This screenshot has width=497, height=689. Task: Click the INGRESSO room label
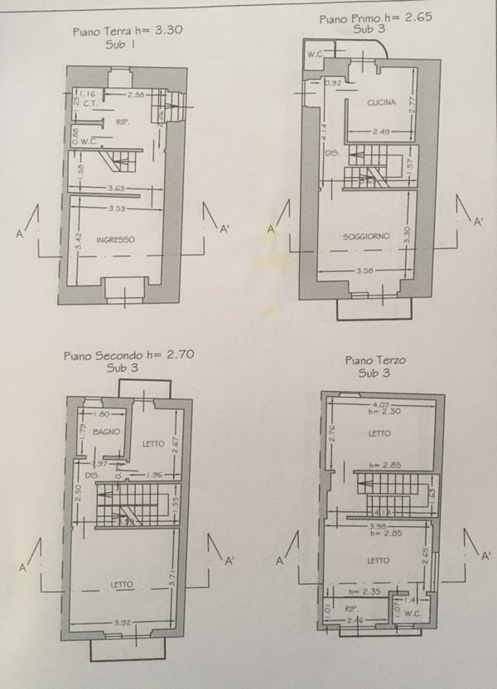pyautogui.click(x=115, y=240)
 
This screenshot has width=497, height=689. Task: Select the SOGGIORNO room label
pyautogui.click(x=366, y=237)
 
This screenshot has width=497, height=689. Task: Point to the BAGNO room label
pyautogui.click(x=107, y=432)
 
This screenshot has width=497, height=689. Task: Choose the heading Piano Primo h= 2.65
pyautogui.click(x=365, y=16)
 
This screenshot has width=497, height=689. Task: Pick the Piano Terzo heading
pyautogui.click(x=371, y=361)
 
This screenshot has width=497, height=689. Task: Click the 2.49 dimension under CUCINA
pyautogui.click(x=382, y=130)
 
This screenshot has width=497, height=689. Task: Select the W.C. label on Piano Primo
pyautogui.click(x=314, y=55)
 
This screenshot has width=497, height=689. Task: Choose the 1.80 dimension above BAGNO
pyautogui.click(x=103, y=414)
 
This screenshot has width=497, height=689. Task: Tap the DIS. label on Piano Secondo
pyautogui.click(x=92, y=475)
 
